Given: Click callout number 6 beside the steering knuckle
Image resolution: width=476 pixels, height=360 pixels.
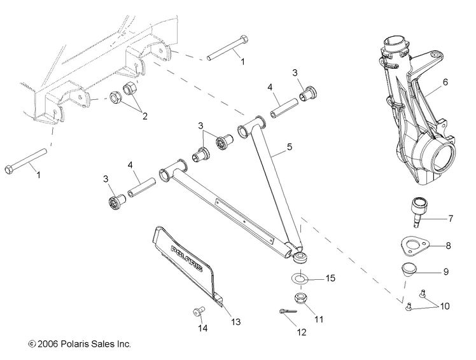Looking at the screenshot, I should (445, 83).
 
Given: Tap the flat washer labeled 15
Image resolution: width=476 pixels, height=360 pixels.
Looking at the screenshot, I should (298, 277).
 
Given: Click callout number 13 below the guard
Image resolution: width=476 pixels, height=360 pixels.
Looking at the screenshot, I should (235, 322).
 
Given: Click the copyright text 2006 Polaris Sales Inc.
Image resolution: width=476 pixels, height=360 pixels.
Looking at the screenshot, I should (80, 344).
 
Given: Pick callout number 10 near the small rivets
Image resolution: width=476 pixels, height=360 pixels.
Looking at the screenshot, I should (444, 306).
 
